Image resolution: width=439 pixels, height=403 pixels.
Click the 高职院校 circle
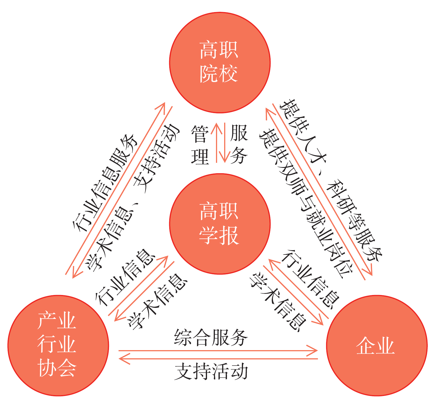point(220,62)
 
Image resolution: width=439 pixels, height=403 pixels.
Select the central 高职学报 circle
point(220,224)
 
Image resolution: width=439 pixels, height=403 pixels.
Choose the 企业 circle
point(376,345)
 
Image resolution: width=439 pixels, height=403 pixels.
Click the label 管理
point(200,145)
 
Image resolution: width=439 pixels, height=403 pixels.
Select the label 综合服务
point(211,337)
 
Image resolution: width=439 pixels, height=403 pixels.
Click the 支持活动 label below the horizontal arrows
point(211,372)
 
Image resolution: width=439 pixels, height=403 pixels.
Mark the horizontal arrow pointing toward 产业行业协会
point(218,359)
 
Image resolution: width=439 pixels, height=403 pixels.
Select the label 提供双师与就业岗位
point(306,202)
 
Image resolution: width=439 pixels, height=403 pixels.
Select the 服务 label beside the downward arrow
point(239,145)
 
